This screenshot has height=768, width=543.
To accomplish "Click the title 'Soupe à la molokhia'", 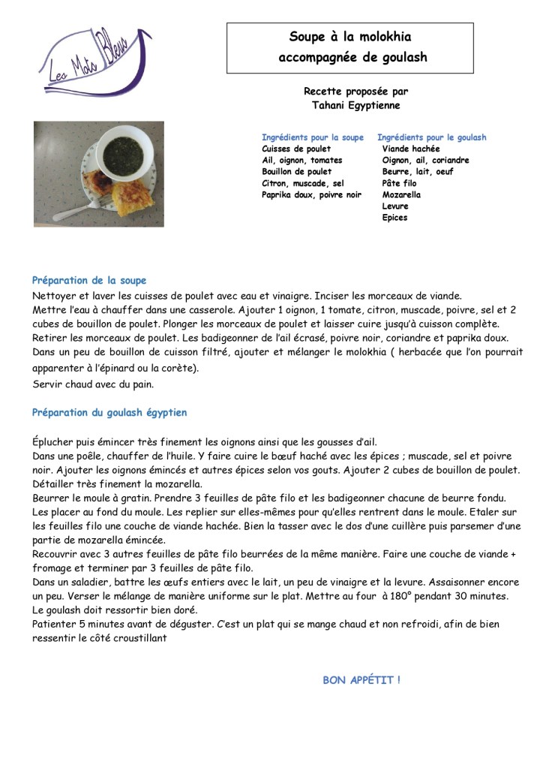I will click(350, 37).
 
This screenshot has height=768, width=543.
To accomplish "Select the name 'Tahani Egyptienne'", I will click(355, 106).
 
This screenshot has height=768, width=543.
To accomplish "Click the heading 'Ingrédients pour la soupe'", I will click(312, 137).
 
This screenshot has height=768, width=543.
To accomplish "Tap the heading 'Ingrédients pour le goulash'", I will click(432, 137).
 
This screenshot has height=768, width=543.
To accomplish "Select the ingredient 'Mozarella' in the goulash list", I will click(401, 194).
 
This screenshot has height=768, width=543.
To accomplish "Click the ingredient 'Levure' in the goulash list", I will click(395, 206).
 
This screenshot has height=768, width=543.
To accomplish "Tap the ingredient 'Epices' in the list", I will click(394, 218).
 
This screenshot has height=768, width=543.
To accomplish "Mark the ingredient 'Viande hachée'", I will click(411, 149).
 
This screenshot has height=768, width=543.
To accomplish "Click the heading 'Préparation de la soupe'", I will click(89, 280).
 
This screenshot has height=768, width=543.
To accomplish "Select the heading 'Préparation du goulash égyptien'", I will click(109, 413).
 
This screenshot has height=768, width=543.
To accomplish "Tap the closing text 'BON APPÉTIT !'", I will click(361, 680).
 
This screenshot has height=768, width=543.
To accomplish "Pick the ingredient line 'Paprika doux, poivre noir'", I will click(311, 194).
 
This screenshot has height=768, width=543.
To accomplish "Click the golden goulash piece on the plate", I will click(133, 199).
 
